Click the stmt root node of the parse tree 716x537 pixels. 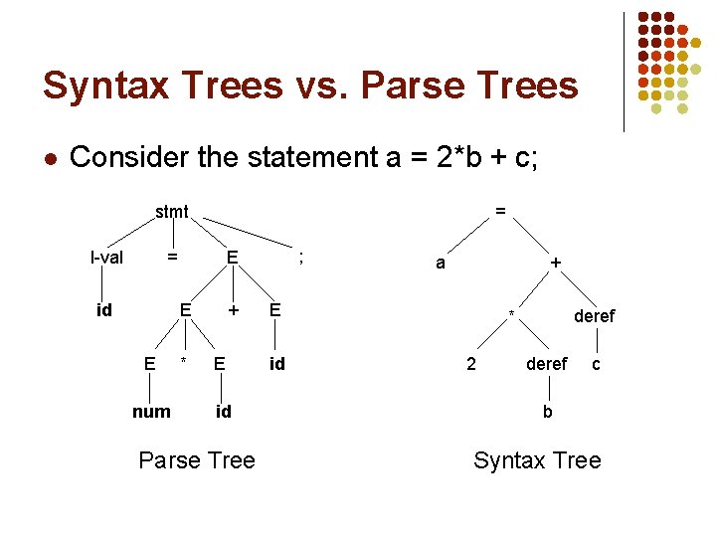172,211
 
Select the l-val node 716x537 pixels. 106,259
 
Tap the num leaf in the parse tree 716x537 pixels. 151,411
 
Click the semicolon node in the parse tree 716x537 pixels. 300,257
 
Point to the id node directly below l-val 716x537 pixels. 103,310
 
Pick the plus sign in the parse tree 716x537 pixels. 233,310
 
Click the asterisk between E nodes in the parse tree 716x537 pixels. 182,359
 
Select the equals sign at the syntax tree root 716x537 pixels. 500,211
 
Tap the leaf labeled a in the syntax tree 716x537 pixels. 440,264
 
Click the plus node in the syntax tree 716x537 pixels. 556,264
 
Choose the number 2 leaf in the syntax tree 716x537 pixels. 471,364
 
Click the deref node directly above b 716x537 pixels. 547,364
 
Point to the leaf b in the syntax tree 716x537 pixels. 547,411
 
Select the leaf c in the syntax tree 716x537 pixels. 596,364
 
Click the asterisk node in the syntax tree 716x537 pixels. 511,316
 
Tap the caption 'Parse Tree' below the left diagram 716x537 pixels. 197,460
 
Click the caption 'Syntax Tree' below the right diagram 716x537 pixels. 537,460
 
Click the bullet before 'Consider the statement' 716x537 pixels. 50,158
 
